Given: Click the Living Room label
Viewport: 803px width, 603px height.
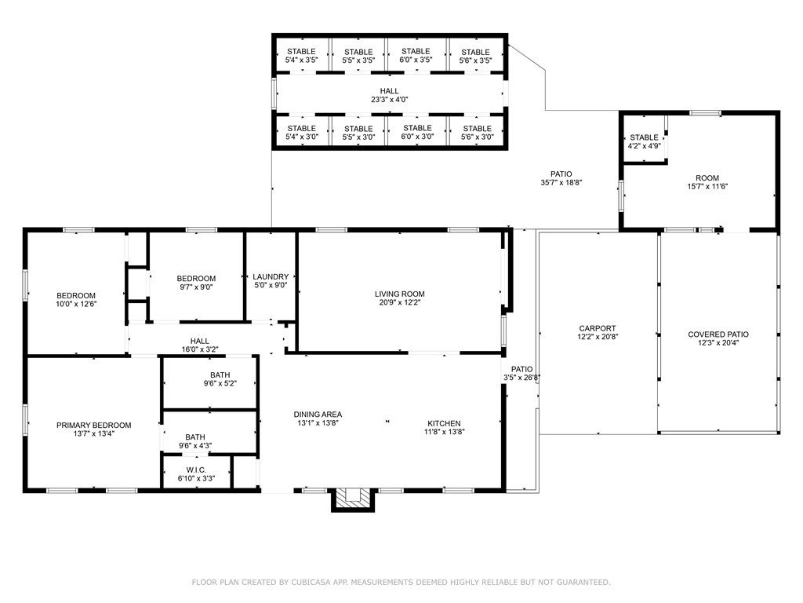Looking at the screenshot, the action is (x=399, y=294).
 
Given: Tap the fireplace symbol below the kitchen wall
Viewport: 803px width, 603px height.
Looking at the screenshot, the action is (x=353, y=499).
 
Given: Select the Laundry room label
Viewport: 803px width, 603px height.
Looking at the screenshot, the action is (x=271, y=277).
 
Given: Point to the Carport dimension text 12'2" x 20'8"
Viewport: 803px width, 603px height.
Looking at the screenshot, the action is (x=597, y=337).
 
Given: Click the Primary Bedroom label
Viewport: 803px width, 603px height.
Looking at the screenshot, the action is (x=94, y=425).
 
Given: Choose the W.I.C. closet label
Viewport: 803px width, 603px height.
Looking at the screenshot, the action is (x=196, y=470).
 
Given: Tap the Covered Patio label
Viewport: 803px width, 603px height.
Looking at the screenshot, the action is (x=718, y=334).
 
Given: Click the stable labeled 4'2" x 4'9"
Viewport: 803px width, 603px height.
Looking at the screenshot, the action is (x=645, y=141).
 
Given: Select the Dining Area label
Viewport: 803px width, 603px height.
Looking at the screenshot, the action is (x=318, y=415).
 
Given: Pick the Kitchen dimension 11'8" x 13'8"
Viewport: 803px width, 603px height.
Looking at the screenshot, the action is (x=444, y=432).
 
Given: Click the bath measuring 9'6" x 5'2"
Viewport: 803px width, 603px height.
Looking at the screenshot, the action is (x=220, y=379).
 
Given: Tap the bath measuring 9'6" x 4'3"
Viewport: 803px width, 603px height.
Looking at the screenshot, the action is (x=195, y=441).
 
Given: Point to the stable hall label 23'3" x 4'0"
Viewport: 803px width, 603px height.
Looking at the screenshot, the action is (x=389, y=100).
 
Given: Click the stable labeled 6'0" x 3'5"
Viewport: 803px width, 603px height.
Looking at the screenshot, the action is (x=416, y=56).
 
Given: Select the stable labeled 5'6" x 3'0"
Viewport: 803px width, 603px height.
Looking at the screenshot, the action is (x=478, y=132).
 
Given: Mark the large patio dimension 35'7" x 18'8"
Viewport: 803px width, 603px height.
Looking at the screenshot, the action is (x=561, y=182).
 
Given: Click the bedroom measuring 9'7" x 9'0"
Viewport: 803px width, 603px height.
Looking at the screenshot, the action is (x=196, y=283).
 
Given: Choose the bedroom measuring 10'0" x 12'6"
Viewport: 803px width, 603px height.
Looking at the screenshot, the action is (x=76, y=299).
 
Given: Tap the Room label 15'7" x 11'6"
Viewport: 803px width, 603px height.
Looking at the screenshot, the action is (x=707, y=182).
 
